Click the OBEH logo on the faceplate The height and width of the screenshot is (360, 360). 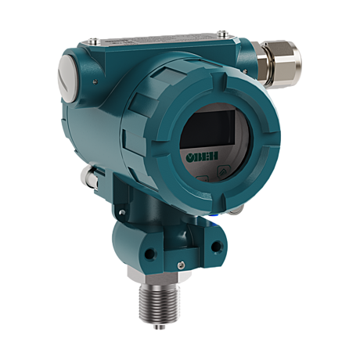(x=202, y=156)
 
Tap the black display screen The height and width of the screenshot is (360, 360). (x=208, y=128)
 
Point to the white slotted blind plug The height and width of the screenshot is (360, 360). (x=67, y=78)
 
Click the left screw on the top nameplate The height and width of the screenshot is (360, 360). (x=93, y=41)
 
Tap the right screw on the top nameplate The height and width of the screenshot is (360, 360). (x=222, y=33)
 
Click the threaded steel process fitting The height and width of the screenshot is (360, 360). (x=160, y=303)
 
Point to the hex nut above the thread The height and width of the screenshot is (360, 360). (x=159, y=275)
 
